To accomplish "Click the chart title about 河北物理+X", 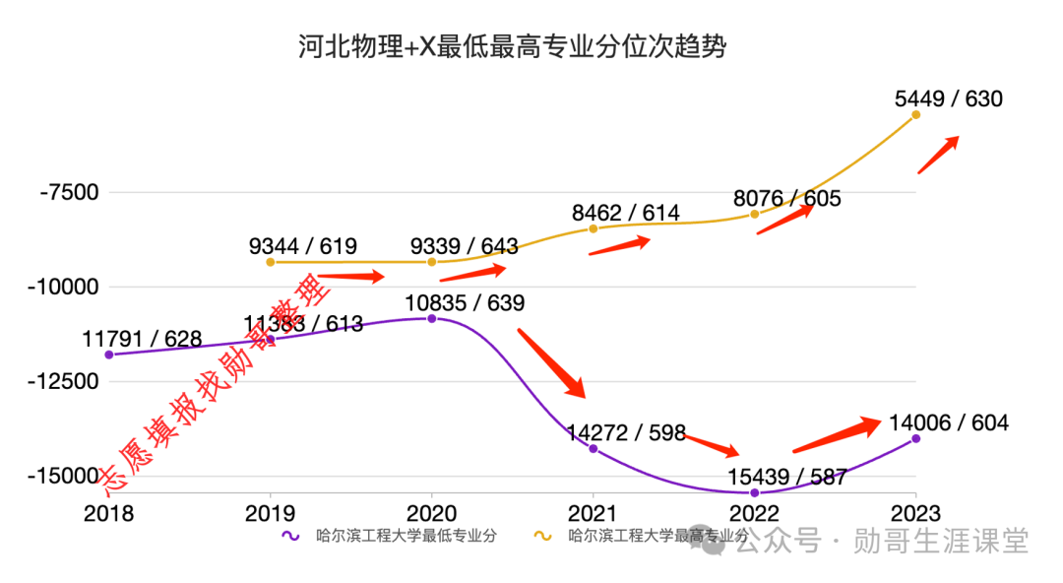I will tap(512, 46).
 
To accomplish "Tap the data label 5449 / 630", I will tap(948, 98).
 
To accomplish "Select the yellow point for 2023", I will tap(916, 115).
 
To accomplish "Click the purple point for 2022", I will tap(755, 492).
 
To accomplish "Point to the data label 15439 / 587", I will tap(787, 477).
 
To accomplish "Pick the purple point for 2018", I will tap(109, 355).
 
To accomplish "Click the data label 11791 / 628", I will tap(142, 339).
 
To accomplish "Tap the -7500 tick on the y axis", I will tap(69, 192).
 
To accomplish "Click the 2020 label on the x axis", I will tap(431, 513).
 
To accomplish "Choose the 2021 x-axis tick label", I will tap(593, 513).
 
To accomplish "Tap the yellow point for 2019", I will tap(271, 262).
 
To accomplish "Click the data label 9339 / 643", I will tap(465, 246).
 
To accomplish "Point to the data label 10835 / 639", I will tap(465, 302).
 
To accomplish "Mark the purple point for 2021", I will tap(594, 449).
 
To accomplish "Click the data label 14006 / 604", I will tap(948, 422).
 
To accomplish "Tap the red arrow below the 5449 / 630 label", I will tap(938, 155).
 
